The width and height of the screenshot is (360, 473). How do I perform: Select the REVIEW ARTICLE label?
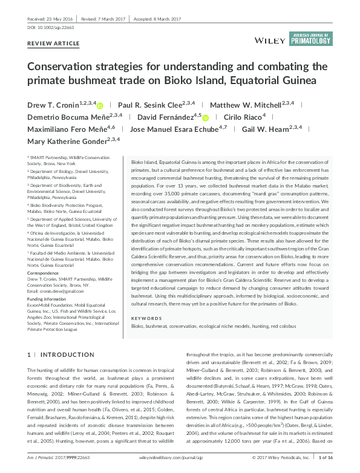(54, 44)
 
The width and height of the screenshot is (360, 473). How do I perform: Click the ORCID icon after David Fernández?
(205, 117)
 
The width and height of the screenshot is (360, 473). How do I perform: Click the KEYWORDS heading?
(145, 318)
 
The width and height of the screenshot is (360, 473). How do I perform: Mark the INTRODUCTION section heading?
(67, 354)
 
